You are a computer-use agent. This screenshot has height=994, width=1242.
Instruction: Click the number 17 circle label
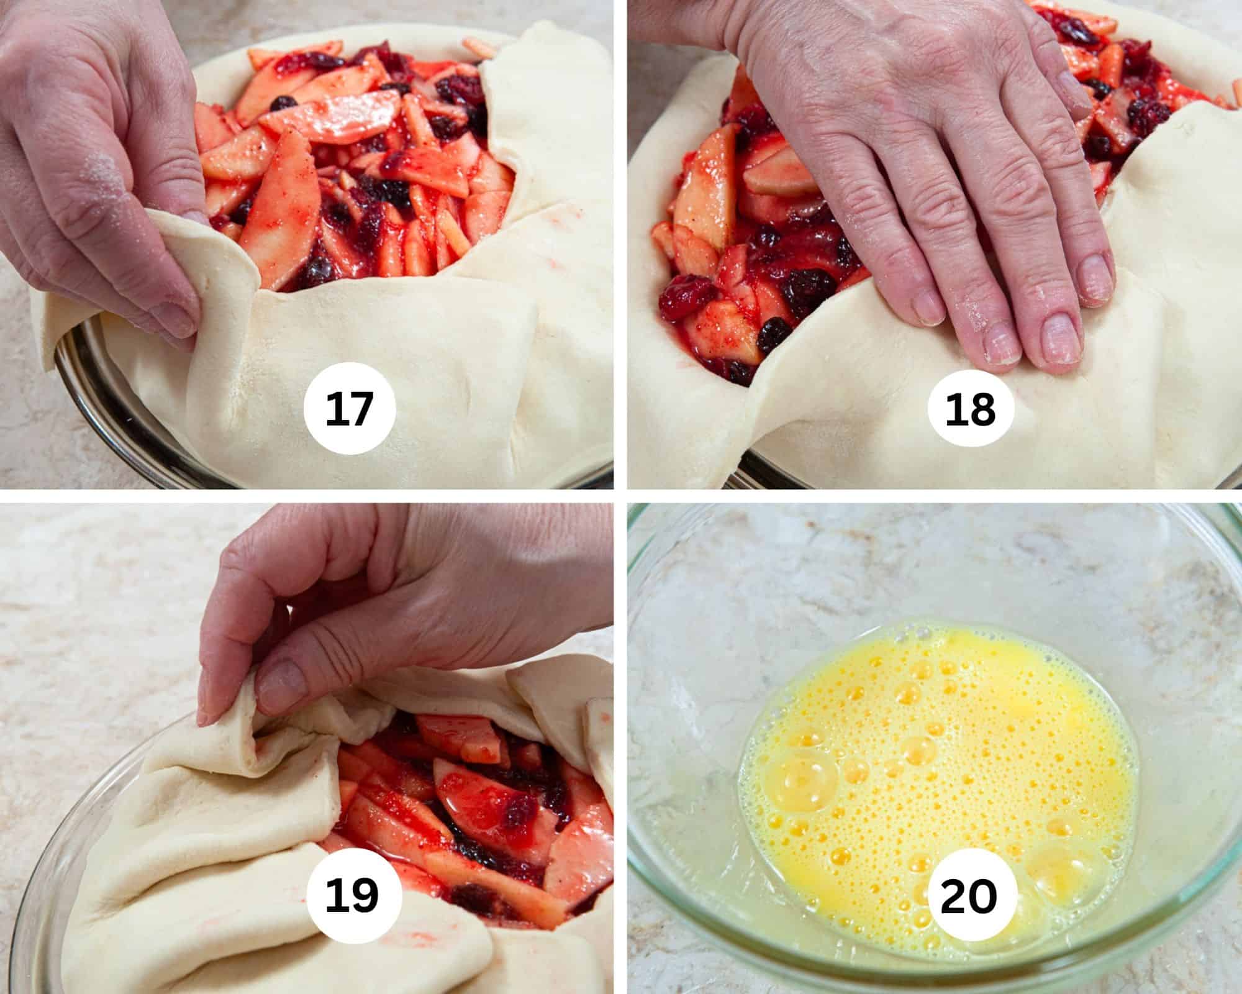350,411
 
